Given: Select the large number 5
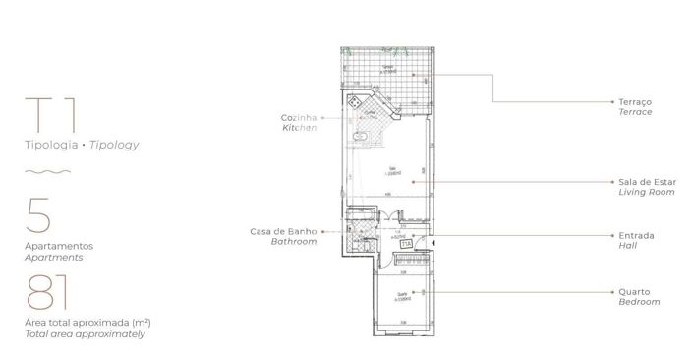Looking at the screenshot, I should tap(38, 213).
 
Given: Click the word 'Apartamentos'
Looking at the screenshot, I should tap(60, 246).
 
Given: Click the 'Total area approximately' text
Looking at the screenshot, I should tap(86, 334).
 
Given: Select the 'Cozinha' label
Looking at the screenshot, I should tap(297, 118).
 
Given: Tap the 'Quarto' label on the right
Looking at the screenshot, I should tap(634, 291).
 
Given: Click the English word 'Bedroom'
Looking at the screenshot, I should tap(639, 302).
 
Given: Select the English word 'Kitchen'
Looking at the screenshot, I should tap(299, 129).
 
